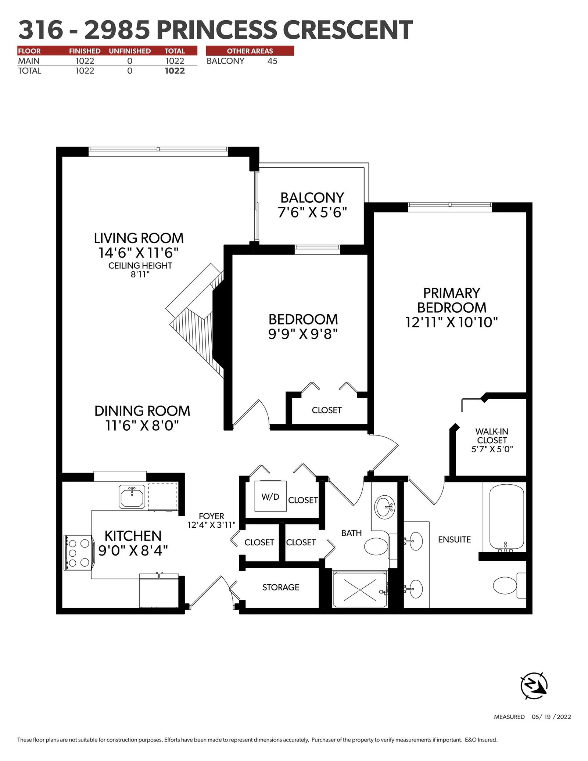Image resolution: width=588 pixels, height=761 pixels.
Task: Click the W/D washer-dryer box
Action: click(x=271, y=496)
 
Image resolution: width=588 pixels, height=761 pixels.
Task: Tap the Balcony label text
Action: click(x=312, y=198)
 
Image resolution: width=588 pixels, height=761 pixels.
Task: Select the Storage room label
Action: click(x=281, y=587)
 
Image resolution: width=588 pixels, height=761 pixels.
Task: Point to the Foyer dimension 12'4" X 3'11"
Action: click(x=211, y=525)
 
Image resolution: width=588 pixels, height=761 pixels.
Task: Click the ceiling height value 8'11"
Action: click(x=140, y=274)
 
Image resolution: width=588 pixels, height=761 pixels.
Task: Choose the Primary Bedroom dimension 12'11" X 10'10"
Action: click(x=452, y=322)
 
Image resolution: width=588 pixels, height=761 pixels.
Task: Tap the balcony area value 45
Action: click(x=272, y=61)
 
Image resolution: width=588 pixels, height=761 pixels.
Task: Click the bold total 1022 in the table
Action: click(x=175, y=71)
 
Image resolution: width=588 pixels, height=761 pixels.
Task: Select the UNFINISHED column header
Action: click(x=130, y=51)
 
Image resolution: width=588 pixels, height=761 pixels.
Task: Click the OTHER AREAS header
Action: click(x=250, y=51)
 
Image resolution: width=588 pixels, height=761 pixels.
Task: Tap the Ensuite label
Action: click(x=455, y=539)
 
